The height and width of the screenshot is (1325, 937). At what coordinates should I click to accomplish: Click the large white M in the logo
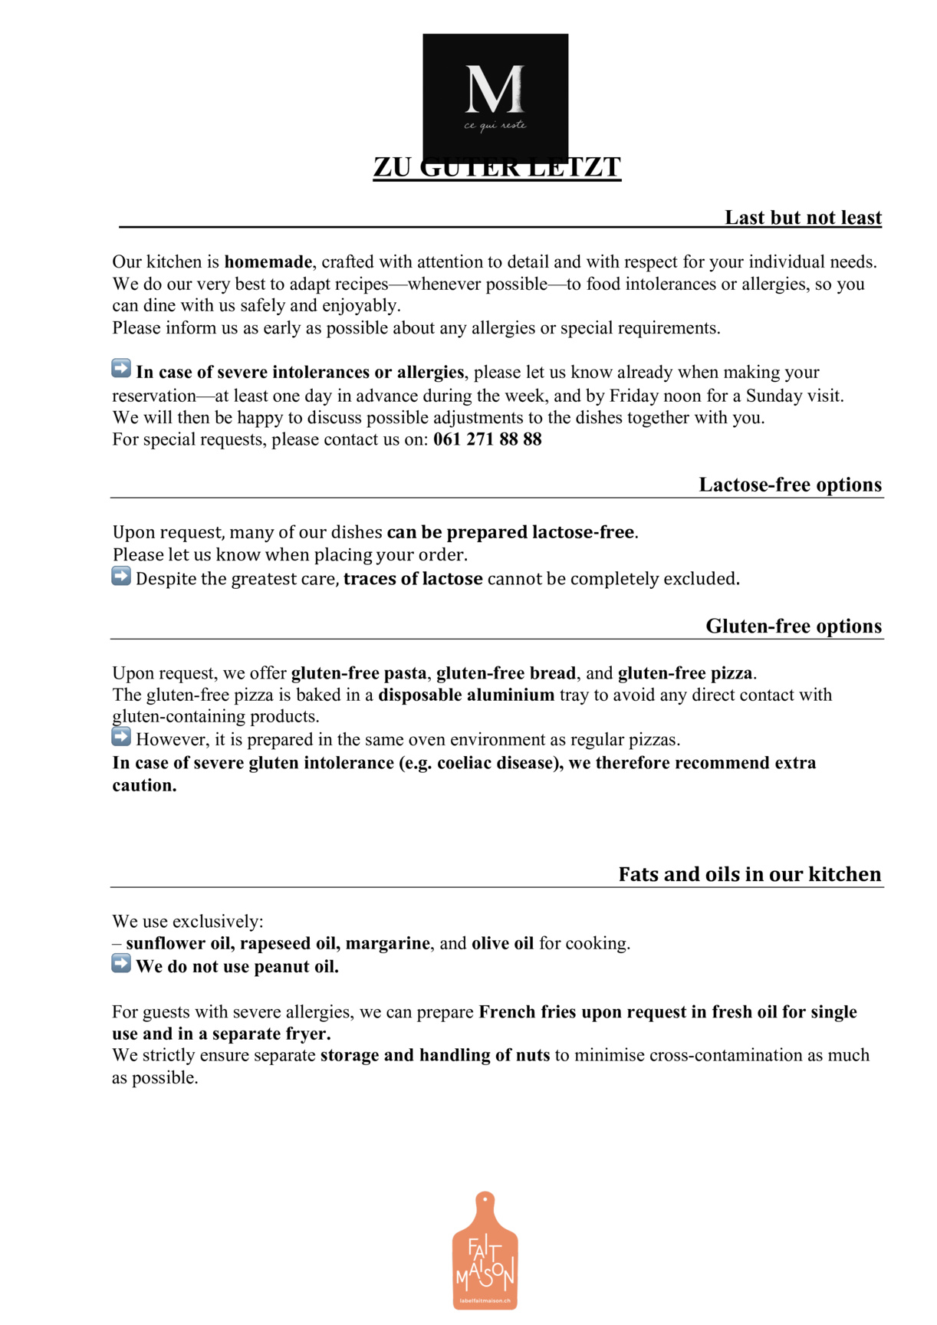[495, 90]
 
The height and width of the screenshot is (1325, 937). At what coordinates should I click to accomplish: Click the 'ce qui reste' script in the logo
[495, 125]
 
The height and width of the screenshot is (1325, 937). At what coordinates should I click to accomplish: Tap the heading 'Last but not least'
[803, 218]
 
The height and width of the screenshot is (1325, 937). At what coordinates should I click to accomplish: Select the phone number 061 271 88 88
[487, 439]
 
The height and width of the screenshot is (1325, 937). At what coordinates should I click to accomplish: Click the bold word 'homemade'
[268, 262]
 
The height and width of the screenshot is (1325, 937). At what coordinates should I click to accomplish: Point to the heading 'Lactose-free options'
[790, 485]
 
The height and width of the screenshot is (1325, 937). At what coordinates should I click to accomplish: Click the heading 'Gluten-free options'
[794, 626]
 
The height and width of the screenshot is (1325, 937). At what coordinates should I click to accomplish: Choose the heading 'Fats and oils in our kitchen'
[749, 874]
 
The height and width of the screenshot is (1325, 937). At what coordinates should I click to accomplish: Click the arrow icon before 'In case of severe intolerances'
[121, 369]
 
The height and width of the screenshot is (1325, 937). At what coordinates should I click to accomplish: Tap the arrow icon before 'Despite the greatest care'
[121, 576]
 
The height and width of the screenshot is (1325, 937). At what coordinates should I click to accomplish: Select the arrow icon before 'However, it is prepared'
[121, 737]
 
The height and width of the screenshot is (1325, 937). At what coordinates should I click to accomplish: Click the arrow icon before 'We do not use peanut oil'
[121, 963]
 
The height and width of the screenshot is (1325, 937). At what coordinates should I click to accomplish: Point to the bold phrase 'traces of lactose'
[413, 579]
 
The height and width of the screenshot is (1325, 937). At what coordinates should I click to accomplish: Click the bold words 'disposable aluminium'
[466, 695]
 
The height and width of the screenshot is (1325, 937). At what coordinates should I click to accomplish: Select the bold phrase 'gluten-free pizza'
[685, 673]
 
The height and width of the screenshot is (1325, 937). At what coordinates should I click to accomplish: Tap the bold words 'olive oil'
[502, 943]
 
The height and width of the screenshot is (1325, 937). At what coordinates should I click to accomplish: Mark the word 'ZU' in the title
[392, 167]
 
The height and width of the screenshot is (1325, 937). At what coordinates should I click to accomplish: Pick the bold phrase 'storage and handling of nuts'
[435, 1055]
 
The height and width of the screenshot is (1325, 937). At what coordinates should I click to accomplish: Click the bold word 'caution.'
[144, 785]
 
